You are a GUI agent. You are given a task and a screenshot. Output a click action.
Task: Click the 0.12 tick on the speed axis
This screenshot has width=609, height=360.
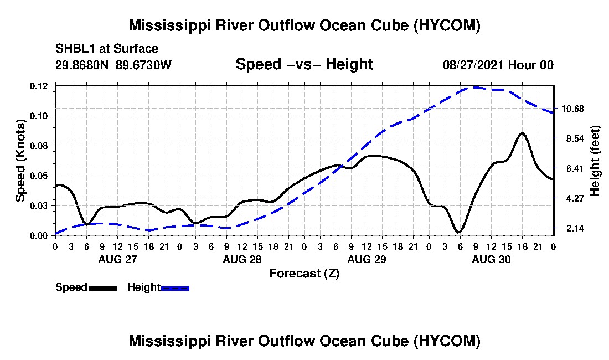coord(38,86)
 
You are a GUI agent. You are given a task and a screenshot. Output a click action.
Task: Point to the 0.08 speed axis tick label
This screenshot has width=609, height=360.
coord(38,146)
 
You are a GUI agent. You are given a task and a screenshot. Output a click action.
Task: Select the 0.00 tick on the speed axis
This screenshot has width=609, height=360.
coord(38,235)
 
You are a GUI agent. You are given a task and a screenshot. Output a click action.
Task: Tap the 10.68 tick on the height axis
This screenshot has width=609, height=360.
coord(572,109)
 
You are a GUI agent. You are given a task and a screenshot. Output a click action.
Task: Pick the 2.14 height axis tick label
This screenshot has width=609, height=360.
coord(575,228)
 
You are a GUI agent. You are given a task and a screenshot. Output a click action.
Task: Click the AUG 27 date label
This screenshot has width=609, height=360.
coord(118,259)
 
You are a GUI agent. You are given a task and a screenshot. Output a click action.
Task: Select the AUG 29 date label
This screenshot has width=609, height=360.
coord(367,259)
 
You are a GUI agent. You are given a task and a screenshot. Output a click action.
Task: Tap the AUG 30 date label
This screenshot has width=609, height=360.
coord(491,259)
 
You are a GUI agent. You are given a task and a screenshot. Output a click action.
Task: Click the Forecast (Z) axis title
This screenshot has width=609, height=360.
coord(304,274)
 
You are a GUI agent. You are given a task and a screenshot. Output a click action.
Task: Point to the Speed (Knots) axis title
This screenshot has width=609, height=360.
coord(20,161)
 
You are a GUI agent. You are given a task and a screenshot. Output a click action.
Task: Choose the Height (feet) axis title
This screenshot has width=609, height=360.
coord(595,161)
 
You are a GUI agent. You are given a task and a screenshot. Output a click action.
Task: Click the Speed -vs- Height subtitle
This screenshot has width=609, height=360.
coord(304,64)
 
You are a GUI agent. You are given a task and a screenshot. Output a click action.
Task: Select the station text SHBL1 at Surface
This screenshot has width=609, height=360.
coord(107,49)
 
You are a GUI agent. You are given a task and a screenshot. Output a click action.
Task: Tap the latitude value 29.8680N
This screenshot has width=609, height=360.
coord(82,64)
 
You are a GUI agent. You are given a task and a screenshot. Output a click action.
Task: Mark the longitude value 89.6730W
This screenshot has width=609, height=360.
coord(143,64)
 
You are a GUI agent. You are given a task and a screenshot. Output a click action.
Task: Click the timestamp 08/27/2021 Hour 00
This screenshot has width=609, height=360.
coord(498,65)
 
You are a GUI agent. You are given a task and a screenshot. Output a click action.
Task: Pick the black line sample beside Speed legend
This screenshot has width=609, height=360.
coord(103,289)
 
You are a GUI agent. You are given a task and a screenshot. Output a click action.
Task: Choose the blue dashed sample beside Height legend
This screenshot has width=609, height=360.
coord(175,289)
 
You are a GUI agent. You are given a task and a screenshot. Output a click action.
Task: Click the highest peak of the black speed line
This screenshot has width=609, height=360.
coord(523,133)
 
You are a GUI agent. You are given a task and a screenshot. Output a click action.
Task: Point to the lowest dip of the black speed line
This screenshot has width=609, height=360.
coord(460,232)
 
